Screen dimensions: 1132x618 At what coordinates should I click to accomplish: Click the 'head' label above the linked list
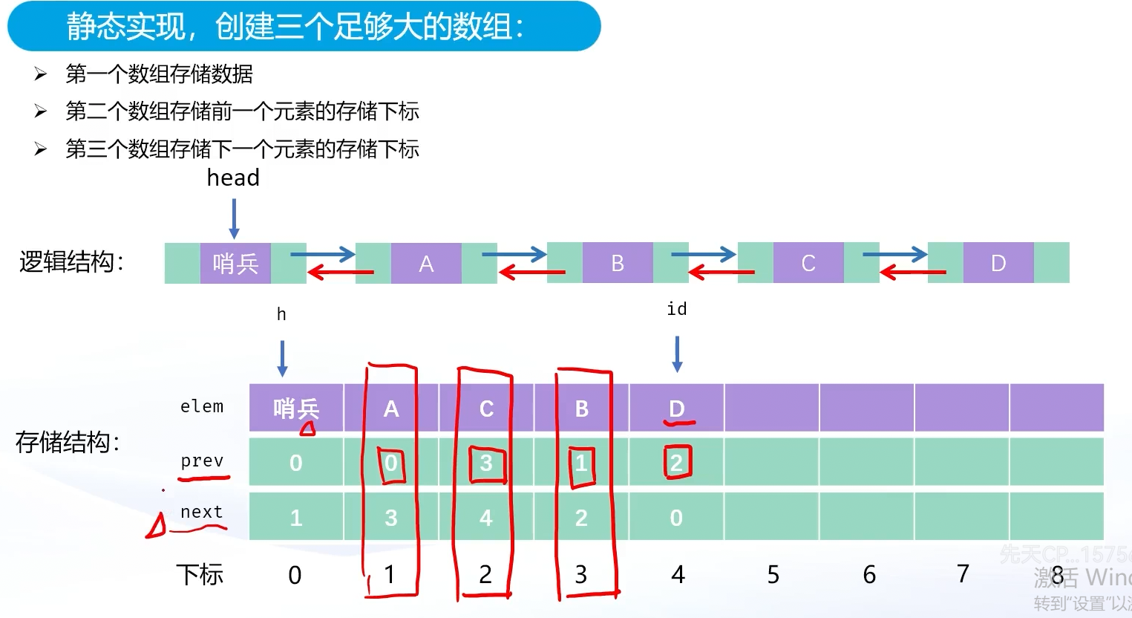[x=233, y=178]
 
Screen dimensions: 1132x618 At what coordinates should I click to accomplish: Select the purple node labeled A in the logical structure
[x=426, y=263]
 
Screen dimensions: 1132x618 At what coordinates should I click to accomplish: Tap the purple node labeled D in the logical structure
[x=998, y=263]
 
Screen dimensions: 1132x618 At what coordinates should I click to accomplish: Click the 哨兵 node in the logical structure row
[x=235, y=263]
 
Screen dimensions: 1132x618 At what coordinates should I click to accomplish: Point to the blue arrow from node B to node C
[x=703, y=255]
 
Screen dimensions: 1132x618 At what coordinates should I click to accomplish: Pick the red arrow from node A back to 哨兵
[x=341, y=273]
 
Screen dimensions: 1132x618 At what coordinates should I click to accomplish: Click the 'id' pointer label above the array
[x=676, y=309]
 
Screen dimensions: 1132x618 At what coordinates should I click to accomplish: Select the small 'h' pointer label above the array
[x=281, y=314]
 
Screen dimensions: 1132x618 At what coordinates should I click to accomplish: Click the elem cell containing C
[x=486, y=409]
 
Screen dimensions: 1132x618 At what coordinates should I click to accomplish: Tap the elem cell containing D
[x=676, y=409]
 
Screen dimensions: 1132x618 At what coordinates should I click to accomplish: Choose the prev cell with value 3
[x=486, y=463]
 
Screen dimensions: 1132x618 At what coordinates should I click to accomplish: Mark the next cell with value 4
[x=486, y=518]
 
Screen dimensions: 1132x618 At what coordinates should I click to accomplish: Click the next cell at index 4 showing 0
[x=676, y=518]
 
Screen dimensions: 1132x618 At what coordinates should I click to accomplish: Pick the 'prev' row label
[x=202, y=461]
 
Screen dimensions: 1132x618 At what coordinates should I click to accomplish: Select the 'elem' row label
[x=202, y=406]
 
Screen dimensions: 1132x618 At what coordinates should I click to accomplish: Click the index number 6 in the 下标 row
[x=869, y=574]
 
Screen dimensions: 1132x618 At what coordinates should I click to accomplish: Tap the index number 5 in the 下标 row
[x=773, y=574]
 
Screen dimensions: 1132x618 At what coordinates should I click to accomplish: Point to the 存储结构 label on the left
[x=68, y=443]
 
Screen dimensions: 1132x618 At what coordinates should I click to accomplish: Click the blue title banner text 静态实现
[x=126, y=27]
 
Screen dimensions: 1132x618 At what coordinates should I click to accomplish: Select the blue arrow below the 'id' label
[x=677, y=354]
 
